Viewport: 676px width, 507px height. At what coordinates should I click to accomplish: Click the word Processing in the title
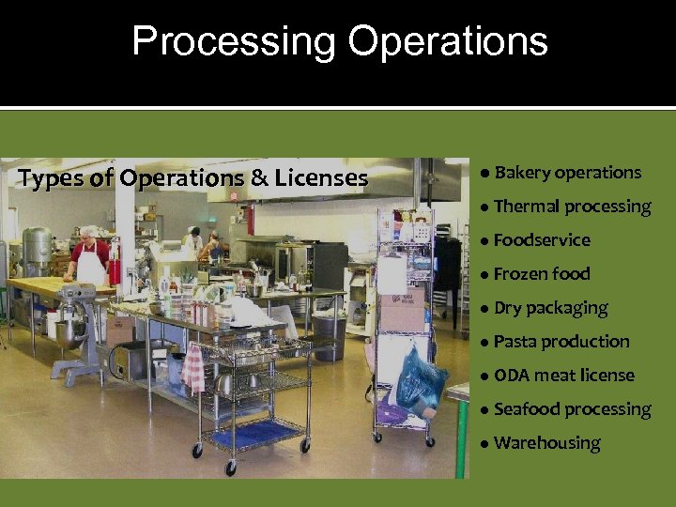pyautogui.click(x=232, y=42)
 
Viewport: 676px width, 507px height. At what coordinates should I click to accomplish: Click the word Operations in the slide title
pyautogui.click(x=447, y=42)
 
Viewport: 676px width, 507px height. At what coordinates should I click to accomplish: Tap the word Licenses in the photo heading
pyautogui.click(x=321, y=178)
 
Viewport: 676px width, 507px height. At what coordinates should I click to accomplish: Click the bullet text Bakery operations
pyautogui.click(x=567, y=173)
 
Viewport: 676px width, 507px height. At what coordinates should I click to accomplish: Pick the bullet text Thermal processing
pyautogui.click(x=572, y=207)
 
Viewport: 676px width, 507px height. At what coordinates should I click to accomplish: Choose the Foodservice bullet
pyautogui.click(x=542, y=240)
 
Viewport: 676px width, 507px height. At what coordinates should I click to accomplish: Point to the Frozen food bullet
pyautogui.click(x=542, y=274)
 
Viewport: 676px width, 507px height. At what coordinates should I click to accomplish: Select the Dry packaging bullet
pyautogui.click(x=550, y=308)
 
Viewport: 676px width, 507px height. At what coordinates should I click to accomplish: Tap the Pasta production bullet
pyautogui.click(x=561, y=342)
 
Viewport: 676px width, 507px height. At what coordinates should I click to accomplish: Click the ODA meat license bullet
pyautogui.click(x=563, y=376)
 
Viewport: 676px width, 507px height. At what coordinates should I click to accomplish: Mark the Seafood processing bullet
pyautogui.click(x=572, y=409)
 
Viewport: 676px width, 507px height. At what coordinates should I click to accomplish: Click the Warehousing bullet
pyautogui.click(x=546, y=443)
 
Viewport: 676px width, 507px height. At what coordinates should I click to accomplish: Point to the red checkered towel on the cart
pyautogui.click(x=193, y=368)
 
